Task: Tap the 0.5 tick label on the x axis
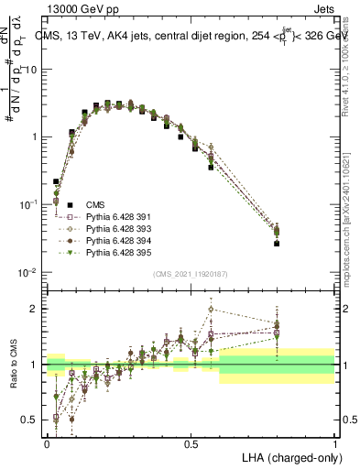pyautogui.click(x=191, y=442)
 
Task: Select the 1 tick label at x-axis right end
pyautogui.click(x=335, y=442)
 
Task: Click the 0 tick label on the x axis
pyautogui.click(x=48, y=442)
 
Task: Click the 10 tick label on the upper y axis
pyautogui.click(x=33, y=70)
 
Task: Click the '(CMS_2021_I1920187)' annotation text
pyautogui.click(x=191, y=274)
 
